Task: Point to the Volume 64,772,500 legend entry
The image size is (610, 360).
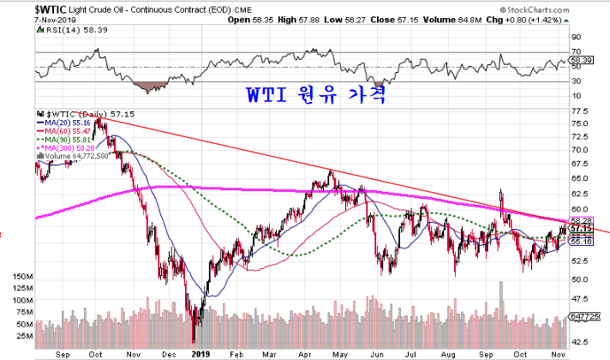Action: pos(74,156)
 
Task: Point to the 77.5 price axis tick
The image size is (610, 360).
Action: pos(580,111)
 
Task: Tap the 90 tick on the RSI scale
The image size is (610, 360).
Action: pos(577,38)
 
